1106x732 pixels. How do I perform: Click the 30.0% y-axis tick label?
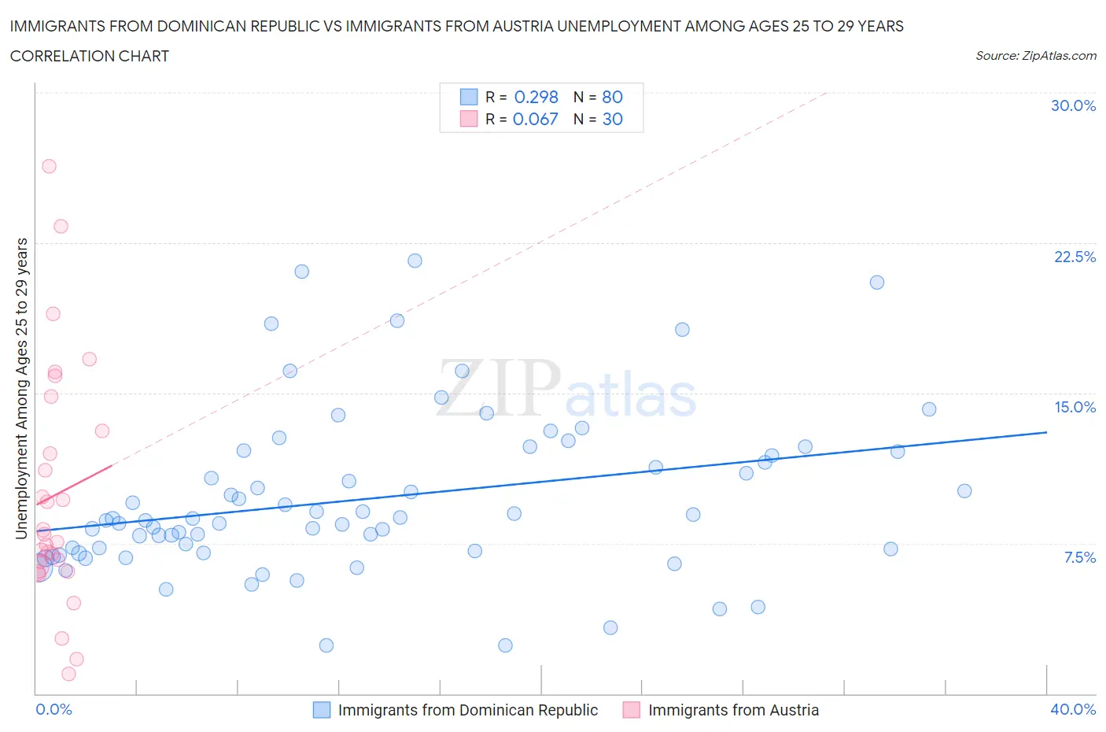(1073, 105)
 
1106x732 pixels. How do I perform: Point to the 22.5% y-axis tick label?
(1074, 257)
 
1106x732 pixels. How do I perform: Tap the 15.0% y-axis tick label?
(1074, 407)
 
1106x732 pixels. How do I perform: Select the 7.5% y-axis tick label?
(1079, 557)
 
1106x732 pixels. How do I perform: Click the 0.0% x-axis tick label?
(54, 709)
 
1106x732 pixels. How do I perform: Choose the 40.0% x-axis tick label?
(1073, 709)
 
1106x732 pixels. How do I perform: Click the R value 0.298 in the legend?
(536, 97)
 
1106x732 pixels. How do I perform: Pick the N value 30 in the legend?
(612, 119)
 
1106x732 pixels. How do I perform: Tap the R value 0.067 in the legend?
(535, 119)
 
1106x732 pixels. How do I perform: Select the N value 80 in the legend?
(612, 97)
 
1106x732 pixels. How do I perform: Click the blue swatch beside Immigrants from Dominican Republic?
(322, 710)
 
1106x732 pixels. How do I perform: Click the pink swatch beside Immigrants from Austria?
(631, 710)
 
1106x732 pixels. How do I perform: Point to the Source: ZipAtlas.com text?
(1035, 56)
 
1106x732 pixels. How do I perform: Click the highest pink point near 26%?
(49, 166)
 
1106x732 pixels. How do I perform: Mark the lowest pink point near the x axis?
(68, 674)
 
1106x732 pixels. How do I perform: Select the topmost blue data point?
(415, 261)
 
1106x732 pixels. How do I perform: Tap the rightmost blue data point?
(964, 491)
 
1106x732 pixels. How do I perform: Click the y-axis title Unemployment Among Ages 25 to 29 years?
(21, 389)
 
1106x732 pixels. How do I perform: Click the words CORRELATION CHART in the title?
(90, 56)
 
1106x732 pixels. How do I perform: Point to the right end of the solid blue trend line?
(1046, 432)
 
